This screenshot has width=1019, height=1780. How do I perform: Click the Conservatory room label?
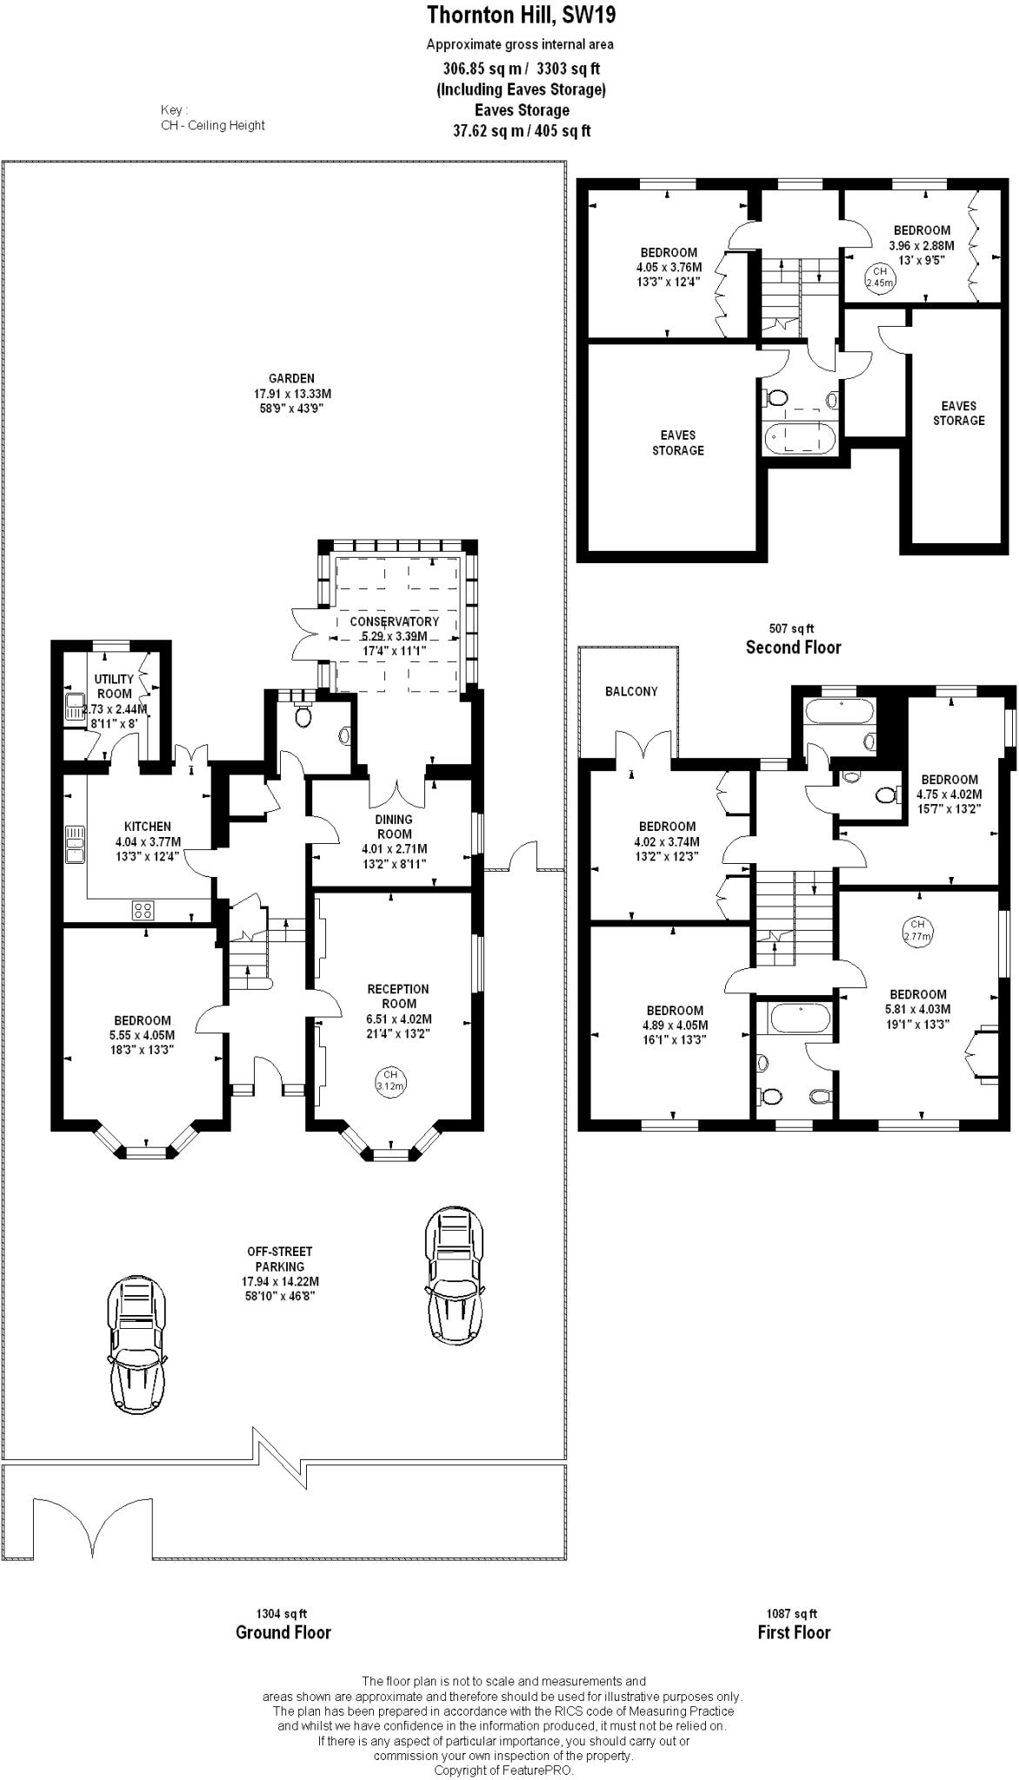394,621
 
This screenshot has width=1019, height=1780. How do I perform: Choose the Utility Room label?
115,687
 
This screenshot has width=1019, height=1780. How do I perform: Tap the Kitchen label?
148,827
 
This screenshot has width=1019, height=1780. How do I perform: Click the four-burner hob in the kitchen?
143,910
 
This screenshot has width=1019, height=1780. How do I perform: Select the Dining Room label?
394,827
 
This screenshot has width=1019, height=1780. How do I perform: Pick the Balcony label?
631,691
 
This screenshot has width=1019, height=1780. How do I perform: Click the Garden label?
291,379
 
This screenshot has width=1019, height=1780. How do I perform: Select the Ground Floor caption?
283,1632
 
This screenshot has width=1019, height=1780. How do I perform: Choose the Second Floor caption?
794,647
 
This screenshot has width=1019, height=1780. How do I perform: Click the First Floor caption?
794,1632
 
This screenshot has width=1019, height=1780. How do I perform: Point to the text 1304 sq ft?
282,1614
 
